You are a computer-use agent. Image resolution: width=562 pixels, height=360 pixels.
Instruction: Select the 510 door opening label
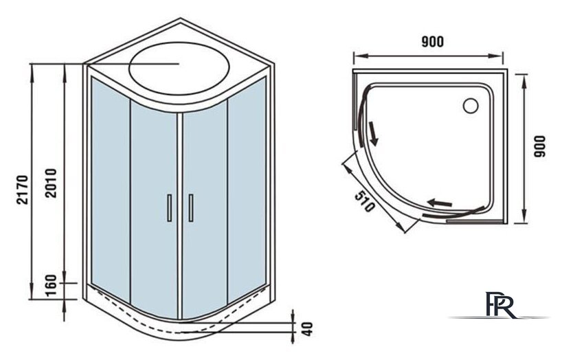point(360,199)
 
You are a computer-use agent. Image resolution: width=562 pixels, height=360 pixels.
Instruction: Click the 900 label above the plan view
point(432,42)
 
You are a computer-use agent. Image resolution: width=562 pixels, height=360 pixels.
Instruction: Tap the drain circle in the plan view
point(471,106)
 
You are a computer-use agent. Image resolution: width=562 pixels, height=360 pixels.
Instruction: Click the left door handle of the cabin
point(168,207)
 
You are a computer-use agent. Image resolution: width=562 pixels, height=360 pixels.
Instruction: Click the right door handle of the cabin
point(190,207)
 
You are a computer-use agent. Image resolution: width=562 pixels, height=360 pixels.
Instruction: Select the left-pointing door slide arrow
point(440,202)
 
